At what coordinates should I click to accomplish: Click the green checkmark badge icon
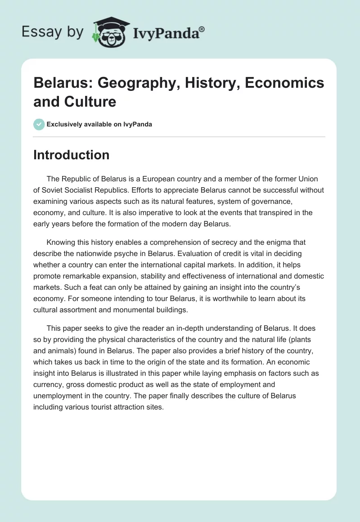[x=39, y=124]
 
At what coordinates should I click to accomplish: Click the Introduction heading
[x=71, y=155]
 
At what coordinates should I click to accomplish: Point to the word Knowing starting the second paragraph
[x=61, y=242]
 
